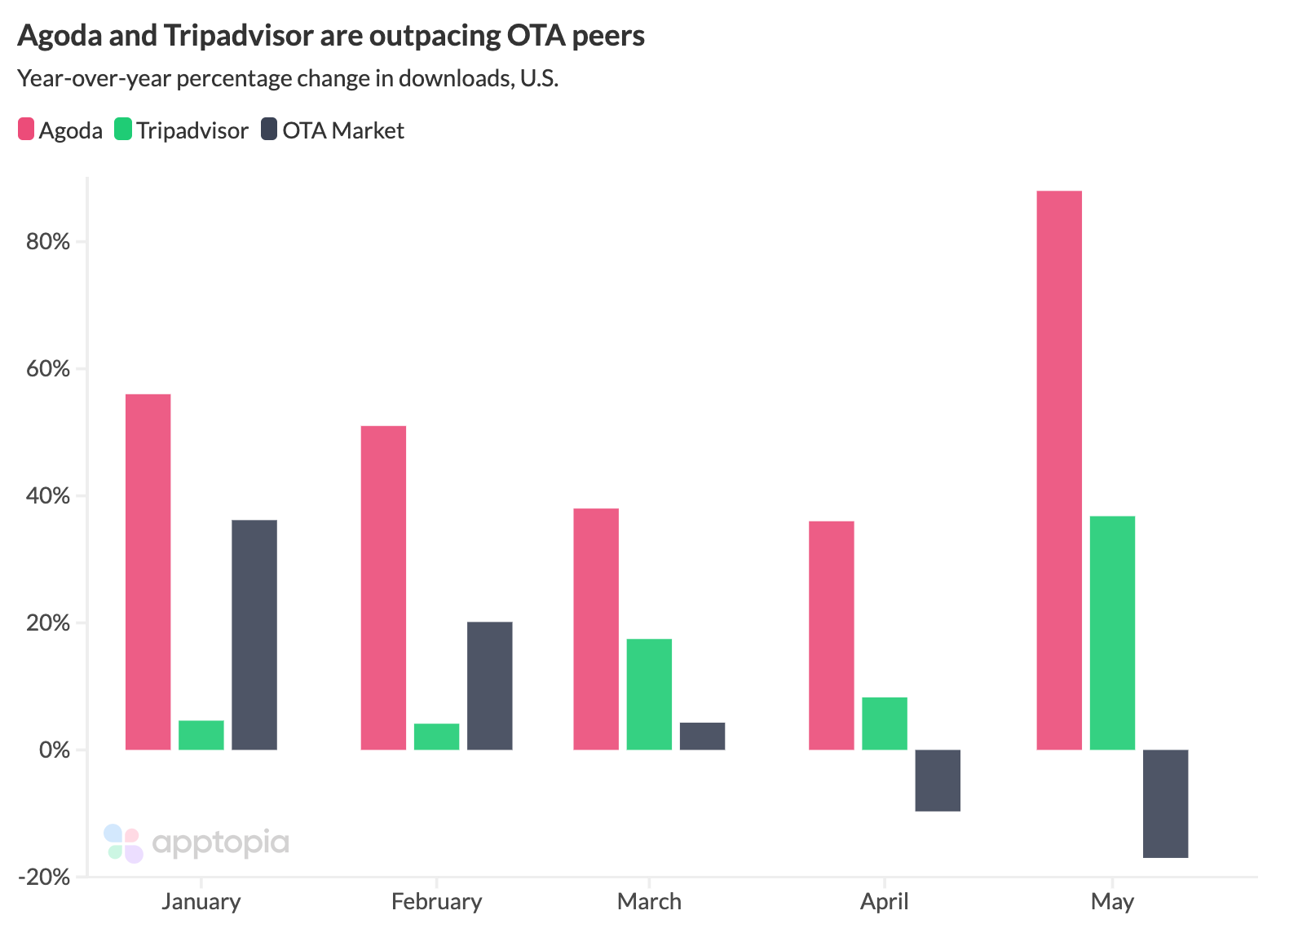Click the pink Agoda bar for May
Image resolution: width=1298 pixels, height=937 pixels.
(x=1058, y=470)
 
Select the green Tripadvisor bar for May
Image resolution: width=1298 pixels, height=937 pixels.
(x=1112, y=632)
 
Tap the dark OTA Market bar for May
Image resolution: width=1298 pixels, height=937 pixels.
(x=1165, y=803)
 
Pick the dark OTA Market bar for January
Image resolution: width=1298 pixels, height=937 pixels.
(x=254, y=635)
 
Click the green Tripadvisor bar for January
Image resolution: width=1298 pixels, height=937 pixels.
(x=201, y=735)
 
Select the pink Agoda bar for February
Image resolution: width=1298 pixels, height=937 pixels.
(x=383, y=587)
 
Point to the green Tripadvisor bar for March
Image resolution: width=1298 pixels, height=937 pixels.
(x=649, y=694)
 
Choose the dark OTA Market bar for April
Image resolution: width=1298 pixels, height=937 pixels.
(x=938, y=780)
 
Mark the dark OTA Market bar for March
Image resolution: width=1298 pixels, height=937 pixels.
(x=702, y=736)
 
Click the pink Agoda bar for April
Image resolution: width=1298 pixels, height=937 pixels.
(x=832, y=636)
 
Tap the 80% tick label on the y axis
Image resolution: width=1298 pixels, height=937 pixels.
(x=49, y=242)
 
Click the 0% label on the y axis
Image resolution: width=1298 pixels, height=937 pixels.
(x=55, y=750)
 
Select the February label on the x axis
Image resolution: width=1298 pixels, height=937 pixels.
(x=436, y=902)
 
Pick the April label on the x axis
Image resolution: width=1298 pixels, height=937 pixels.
(x=884, y=902)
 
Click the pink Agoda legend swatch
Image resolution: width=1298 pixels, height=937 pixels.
(x=26, y=130)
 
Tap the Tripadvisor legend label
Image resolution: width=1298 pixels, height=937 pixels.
(x=192, y=130)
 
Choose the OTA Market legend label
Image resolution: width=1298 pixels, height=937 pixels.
(x=343, y=130)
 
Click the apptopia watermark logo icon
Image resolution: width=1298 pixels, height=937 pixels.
(x=124, y=843)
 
